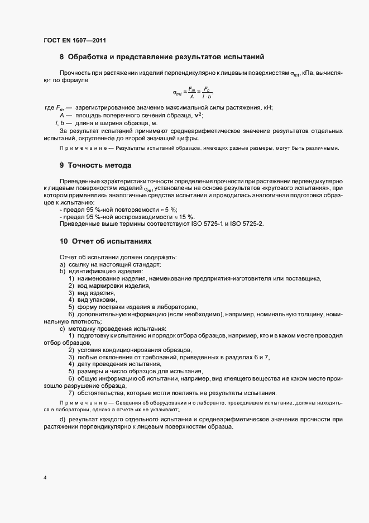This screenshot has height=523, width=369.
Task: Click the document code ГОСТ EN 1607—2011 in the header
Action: coord(75,40)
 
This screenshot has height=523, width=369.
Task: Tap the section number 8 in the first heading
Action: coord(61,57)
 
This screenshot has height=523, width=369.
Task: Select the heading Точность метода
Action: coord(100,165)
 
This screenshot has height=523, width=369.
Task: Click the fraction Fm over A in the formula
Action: coord(191,92)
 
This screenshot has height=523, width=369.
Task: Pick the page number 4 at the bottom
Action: coord(45,478)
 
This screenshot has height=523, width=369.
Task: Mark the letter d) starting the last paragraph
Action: coord(62,419)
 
